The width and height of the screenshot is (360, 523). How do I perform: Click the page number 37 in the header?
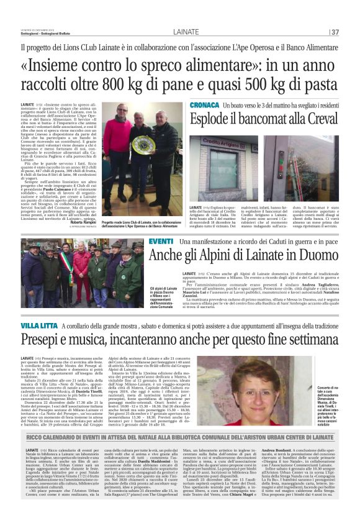tap(335, 32)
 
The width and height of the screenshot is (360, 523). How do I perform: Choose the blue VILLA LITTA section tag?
tap(39, 325)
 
